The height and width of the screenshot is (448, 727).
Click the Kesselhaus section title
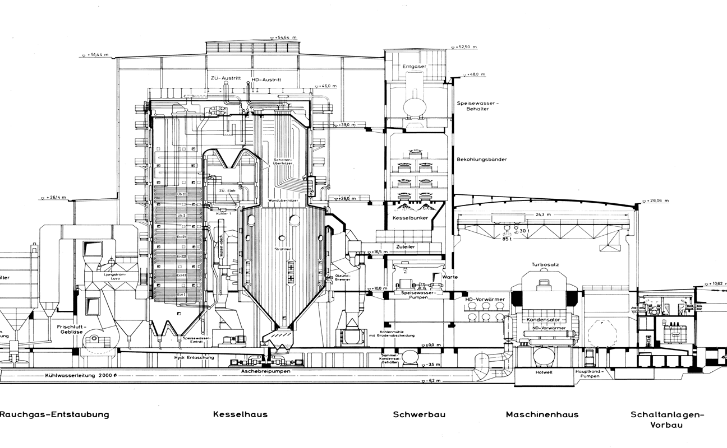(x=240, y=414)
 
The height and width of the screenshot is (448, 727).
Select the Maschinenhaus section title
(x=542, y=414)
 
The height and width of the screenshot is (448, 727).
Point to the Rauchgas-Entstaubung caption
(x=54, y=414)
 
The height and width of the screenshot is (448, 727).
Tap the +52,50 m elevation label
(x=466, y=47)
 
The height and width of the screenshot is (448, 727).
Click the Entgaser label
(x=415, y=66)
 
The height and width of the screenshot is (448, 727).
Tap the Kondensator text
(x=541, y=320)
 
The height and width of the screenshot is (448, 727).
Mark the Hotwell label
(x=544, y=372)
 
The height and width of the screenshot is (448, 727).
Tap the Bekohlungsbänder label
(x=482, y=160)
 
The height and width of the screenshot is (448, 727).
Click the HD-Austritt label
(x=266, y=80)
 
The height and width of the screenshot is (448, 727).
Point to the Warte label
(x=450, y=277)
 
